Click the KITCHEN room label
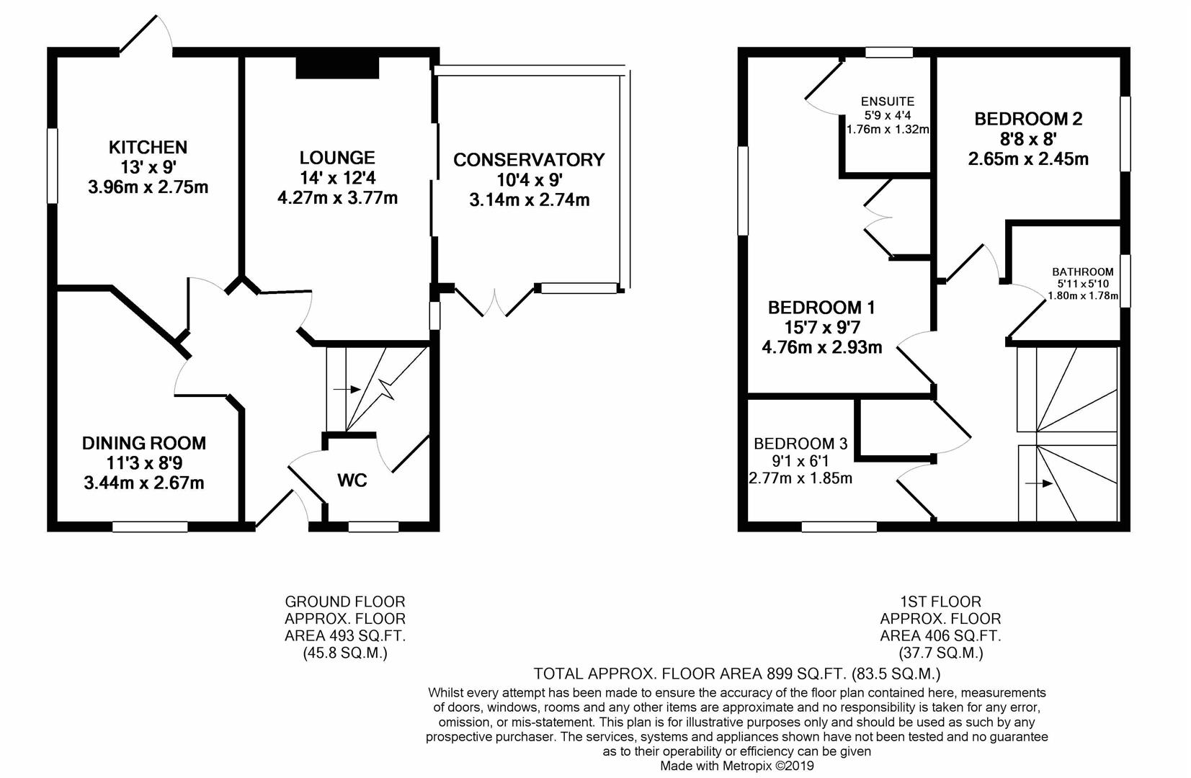148,147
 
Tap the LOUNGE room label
337,158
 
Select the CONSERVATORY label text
529,160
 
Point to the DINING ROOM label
144,443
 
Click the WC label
352,480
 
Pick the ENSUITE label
888,102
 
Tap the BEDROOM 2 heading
1028,119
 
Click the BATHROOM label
1082,272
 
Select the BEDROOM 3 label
800,444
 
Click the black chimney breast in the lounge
337,68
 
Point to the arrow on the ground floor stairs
347,390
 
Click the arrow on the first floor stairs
1039,483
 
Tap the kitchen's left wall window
52,166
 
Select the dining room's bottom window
150,527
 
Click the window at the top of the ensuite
889,52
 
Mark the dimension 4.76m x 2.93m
822,347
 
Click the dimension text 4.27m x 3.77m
337,198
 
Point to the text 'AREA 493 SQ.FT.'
345,635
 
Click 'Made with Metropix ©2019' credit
737,766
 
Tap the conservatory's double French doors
495,303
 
